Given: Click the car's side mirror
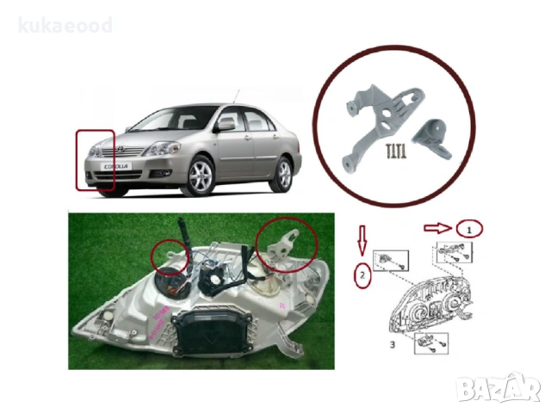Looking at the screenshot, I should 226,125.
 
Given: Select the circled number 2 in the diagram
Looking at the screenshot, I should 364,276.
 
